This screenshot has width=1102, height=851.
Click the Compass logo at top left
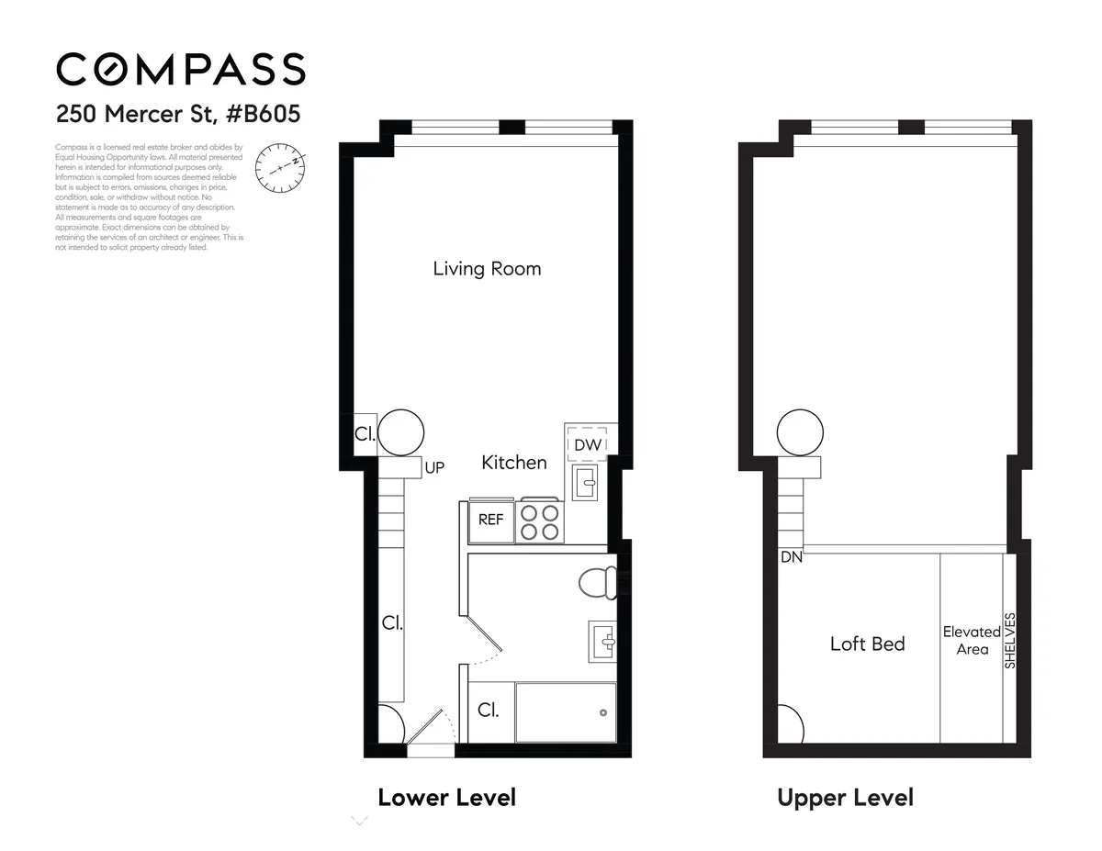coord(180,70)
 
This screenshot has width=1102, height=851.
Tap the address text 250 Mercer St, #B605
coord(178,115)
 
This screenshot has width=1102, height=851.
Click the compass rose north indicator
coord(278,167)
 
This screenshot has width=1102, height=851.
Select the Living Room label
coord(487,269)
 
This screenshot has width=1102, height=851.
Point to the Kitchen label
coord(514,463)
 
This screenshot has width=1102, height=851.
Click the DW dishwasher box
coord(588,444)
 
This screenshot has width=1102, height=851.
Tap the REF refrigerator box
coord(491,520)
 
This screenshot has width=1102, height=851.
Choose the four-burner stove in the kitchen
coord(540,521)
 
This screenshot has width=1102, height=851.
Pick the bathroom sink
coord(603,640)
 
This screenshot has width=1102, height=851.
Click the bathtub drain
coord(602,713)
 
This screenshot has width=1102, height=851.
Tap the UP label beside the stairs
coord(434,468)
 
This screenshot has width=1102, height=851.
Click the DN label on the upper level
coord(791,556)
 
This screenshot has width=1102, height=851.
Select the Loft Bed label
coord(867,644)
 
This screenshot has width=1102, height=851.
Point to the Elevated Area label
coord(972,641)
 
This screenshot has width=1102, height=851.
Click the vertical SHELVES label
coord(1010,641)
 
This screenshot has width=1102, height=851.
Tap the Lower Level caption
coord(446,797)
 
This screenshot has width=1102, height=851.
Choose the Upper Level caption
coord(845,797)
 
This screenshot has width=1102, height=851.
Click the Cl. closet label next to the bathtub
coord(488,711)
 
